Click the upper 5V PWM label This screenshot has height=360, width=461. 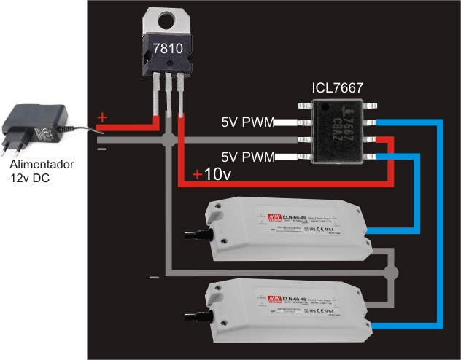click(247, 122)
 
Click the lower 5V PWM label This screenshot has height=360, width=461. click(247, 156)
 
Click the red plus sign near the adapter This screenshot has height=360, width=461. click(102, 117)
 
